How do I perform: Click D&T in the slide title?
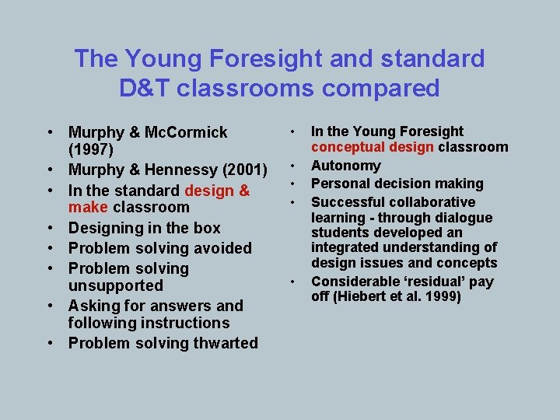145,88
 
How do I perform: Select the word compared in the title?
371,88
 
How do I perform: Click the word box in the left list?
206,228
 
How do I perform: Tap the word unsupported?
116,285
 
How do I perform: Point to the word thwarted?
223,343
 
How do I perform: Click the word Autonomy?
346,166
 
